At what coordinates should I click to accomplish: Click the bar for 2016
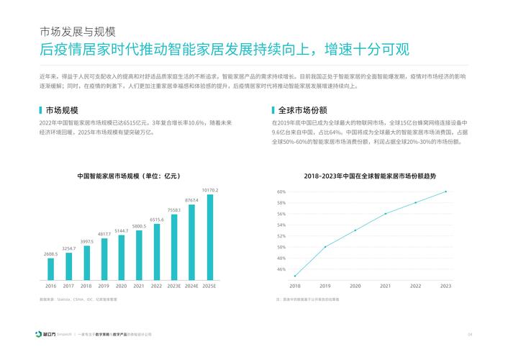[51, 269]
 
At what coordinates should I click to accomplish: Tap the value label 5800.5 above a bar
[139, 226]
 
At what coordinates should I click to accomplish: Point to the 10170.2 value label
[209, 190]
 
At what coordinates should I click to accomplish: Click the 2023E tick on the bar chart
[174, 286]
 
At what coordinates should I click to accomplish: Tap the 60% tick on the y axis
[281, 192]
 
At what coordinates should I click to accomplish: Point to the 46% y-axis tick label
[281, 269]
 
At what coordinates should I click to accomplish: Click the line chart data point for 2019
[325, 247]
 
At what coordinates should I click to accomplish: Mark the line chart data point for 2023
[445, 192]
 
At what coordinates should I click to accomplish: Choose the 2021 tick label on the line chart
[386, 286]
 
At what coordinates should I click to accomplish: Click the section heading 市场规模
[61, 111]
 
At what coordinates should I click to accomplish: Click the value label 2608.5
[51, 254]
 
